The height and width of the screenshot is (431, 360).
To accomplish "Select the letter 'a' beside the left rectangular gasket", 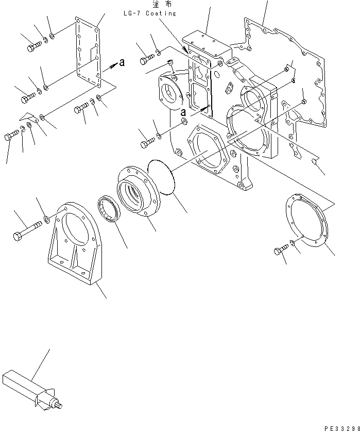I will coord(122,63).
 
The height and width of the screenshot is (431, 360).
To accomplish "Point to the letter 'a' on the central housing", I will coord(183,112).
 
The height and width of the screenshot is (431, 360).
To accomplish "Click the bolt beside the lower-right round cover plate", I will coord(281,251).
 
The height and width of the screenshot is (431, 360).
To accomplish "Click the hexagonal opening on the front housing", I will coord(208,150).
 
